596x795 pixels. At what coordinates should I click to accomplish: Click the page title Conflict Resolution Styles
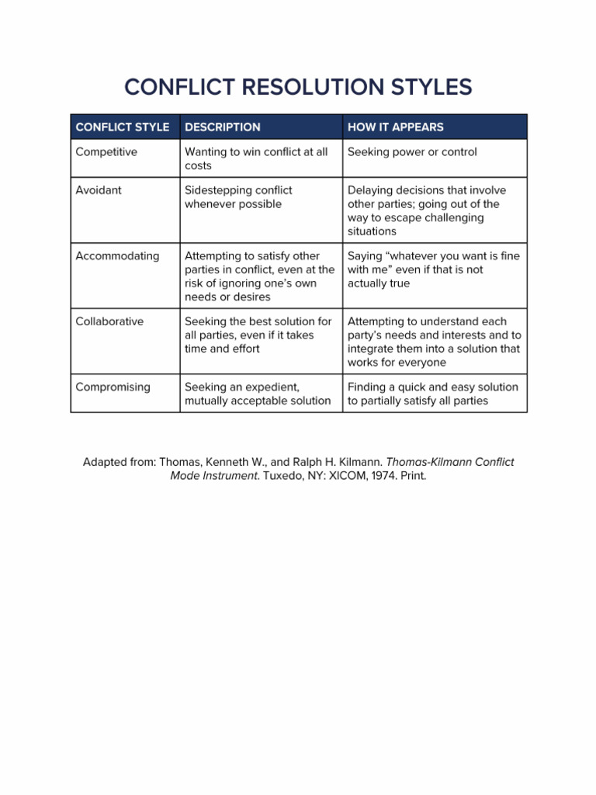298,87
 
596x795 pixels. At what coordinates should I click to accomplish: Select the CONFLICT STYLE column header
122,127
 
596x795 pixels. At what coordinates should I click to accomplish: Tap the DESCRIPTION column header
223,127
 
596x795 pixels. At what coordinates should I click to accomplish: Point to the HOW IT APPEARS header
396,127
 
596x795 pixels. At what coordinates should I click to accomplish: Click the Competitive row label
106,152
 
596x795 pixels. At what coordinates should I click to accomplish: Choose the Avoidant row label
99,190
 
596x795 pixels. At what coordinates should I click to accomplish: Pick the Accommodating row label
117,255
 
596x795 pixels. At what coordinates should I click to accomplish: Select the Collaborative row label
109,321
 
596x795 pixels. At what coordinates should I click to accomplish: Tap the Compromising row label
113,387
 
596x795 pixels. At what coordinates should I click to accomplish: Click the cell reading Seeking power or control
412,152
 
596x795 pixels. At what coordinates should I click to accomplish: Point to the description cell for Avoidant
233,197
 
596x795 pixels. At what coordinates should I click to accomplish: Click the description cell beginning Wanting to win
256,158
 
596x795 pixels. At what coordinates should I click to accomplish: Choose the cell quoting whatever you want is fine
433,269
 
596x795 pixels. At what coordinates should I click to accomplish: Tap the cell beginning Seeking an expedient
257,394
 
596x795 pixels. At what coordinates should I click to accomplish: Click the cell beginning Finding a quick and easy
432,394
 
